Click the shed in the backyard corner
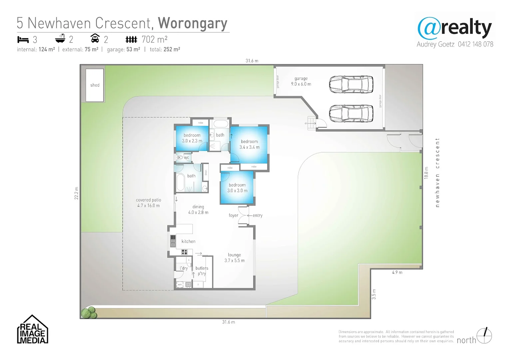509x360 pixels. point(95,85)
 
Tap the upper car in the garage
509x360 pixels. point(351,84)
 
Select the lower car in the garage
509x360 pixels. point(351,113)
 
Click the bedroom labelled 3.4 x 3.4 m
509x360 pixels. point(249,144)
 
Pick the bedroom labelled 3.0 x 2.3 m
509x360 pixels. point(192,138)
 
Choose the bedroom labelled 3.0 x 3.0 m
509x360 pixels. point(237,188)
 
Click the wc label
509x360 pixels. point(187,158)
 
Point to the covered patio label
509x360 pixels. point(149,203)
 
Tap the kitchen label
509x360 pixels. point(188,241)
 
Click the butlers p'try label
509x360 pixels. point(202,271)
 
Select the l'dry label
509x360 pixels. point(184,268)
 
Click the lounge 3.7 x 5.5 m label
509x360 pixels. point(235,258)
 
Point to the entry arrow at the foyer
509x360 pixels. point(250,216)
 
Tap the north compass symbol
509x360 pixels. point(484,335)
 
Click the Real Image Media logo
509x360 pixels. point(33,330)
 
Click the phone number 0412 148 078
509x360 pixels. point(475,44)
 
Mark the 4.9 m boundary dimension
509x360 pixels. point(397,272)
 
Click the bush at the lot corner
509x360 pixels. point(88,313)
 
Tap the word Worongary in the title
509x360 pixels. point(193,23)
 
